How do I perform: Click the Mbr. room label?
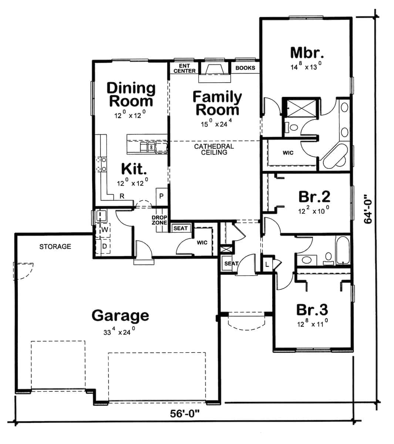pyautogui.click(x=307, y=53)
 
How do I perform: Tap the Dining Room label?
pyautogui.click(x=131, y=94)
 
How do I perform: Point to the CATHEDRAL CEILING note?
pyautogui.click(x=214, y=149)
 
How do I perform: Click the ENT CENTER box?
pyautogui.click(x=184, y=68)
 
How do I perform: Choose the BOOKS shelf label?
pyautogui.click(x=245, y=68)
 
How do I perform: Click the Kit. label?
pyautogui.click(x=134, y=169)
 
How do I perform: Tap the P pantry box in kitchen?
pyautogui.click(x=161, y=196)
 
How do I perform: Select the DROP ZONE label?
pyautogui.click(x=159, y=220)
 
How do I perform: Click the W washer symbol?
pyautogui.click(x=105, y=230)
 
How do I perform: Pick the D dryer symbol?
pyautogui.click(x=105, y=246)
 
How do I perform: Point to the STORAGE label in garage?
pyautogui.click(x=55, y=246)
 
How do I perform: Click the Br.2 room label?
pyautogui.click(x=314, y=197)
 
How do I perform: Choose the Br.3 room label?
pyautogui.click(x=312, y=310)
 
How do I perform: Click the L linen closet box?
pyautogui.click(x=267, y=264)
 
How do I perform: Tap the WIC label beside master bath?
pyautogui.click(x=288, y=152)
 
